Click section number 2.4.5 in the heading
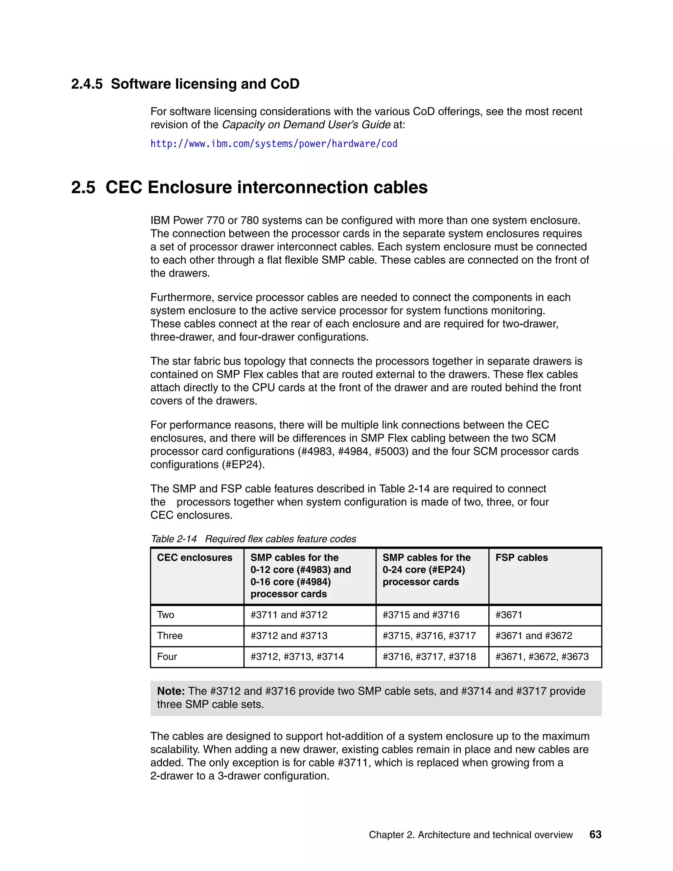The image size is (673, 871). pos(86,84)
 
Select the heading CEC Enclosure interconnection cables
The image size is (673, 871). pos(266,187)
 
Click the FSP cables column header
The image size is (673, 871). pos(522,557)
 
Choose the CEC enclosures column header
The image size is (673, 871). pos(195,557)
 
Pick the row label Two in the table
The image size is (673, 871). pos(166,615)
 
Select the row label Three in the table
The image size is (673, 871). pos(170,636)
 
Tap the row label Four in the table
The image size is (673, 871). pos(167,656)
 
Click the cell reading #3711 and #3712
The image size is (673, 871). pos(289,615)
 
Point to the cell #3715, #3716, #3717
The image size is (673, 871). pos(429,636)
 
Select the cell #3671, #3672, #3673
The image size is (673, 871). pos(542,656)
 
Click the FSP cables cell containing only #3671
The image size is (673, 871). pos(509,615)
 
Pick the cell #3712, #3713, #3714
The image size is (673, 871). pos(297,656)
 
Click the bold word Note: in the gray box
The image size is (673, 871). pos(171,691)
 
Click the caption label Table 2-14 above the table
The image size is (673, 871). pos(174,539)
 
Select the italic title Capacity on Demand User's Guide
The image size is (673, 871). pos(306,125)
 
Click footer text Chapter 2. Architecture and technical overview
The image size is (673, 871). pos(471,835)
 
